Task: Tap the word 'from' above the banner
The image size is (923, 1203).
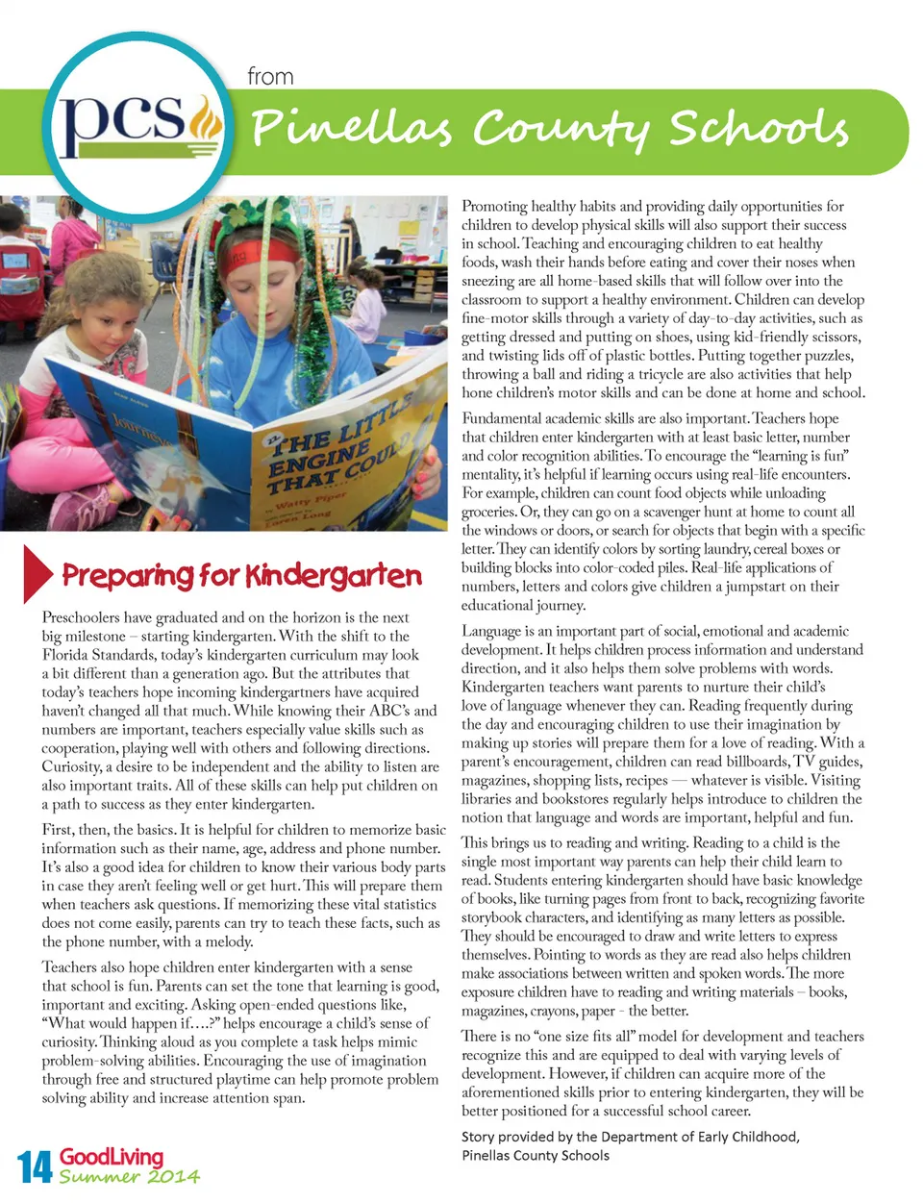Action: tap(270, 77)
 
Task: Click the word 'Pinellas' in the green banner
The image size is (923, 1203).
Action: tap(351, 128)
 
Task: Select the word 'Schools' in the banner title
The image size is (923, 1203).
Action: tap(760, 128)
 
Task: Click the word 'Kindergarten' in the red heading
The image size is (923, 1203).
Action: tap(333, 576)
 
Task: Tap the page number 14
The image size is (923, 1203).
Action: tap(35, 1166)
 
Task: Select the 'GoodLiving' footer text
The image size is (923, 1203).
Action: tap(112, 1156)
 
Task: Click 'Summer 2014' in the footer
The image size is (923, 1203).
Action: tap(129, 1176)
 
